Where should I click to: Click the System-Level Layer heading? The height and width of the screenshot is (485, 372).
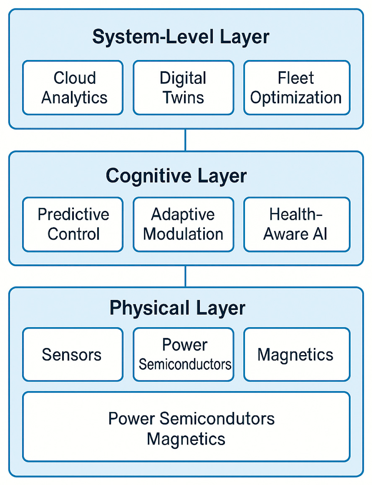[x=181, y=37]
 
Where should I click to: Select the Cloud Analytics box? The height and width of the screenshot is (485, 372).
[x=73, y=88]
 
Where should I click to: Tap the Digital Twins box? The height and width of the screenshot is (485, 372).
[x=183, y=88]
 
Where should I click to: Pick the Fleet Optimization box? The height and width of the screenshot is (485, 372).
[x=297, y=88]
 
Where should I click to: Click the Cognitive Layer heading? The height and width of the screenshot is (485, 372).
[x=176, y=176]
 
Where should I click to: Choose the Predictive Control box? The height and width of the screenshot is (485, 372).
[x=73, y=225]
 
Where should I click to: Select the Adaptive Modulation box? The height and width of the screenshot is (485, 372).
[x=183, y=225]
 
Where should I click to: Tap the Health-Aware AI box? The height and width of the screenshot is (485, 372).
[x=297, y=225]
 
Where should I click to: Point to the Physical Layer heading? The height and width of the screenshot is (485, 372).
[x=177, y=308]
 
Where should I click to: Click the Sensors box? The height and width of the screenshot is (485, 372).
[x=73, y=354]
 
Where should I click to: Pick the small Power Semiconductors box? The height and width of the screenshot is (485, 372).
[x=183, y=354]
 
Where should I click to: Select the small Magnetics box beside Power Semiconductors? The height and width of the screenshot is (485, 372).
[x=297, y=354]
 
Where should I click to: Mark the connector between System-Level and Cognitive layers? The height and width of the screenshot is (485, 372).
[x=185, y=140]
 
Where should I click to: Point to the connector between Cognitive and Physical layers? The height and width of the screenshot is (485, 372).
[x=185, y=276]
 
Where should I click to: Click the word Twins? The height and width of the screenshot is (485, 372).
[x=183, y=97]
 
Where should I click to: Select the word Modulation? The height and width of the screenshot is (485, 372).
[x=183, y=234]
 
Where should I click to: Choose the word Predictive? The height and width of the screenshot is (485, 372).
[x=73, y=215]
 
